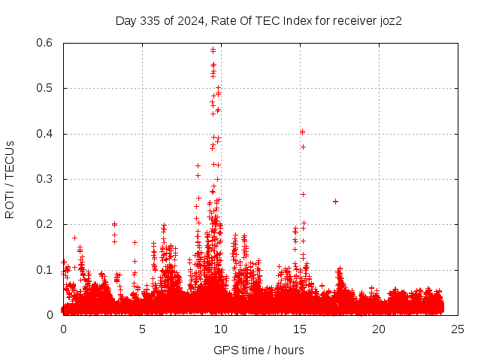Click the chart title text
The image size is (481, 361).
259,20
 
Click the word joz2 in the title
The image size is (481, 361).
389,20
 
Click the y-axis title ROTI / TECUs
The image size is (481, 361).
10,179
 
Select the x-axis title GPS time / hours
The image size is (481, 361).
259,350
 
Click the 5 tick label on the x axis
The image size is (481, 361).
142,329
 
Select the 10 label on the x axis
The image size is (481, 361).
221,329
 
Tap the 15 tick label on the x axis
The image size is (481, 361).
300,329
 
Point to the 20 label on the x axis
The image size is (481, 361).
379,329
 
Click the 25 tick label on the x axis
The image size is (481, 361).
458,329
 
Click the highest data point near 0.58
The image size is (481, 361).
213,50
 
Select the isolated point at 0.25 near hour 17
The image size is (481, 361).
335,201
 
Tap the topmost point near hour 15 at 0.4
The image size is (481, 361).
302,132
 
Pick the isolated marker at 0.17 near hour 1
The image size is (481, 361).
74,238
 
